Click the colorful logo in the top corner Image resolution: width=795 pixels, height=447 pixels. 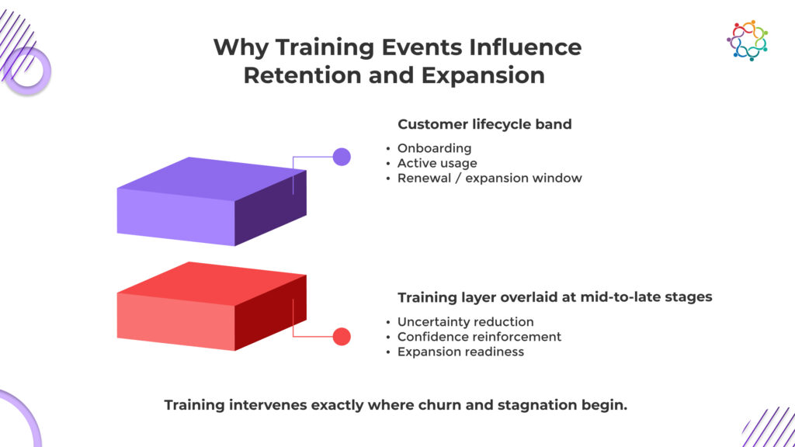click(x=747, y=40)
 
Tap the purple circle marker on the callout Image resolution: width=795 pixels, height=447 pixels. click(x=342, y=157)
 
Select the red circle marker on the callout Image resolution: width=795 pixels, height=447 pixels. click(x=342, y=337)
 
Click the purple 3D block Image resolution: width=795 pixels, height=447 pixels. click(x=211, y=202)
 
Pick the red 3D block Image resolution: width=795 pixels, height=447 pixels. click(x=211, y=306)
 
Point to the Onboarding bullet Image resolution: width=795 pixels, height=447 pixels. click(x=434, y=148)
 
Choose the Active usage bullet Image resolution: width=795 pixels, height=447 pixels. click(x=437, y=163)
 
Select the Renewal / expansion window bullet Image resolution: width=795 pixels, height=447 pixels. click(x=489, y=178)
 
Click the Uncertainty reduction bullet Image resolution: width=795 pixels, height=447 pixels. click(x=465, y=322)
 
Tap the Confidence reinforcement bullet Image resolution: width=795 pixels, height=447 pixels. click(x=479, y=337)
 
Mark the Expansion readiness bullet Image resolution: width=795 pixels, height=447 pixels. click(x=460, y=352)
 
